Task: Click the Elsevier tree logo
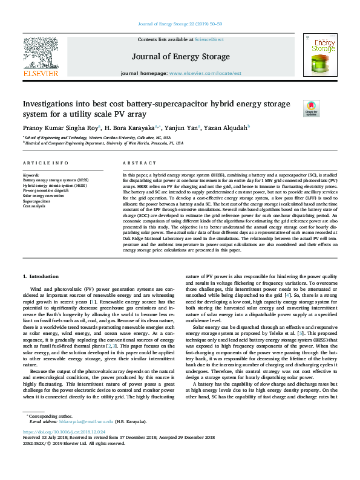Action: pos(41,54)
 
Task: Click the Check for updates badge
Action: pos(311,108)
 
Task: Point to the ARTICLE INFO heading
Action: pos(45,164)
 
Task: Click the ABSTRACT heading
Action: pos(140,164)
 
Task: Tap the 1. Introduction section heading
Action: pos(42,276)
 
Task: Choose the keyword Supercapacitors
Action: pos(38,201)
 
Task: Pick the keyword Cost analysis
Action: pos(34,206)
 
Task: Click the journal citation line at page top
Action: pos(180,24)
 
